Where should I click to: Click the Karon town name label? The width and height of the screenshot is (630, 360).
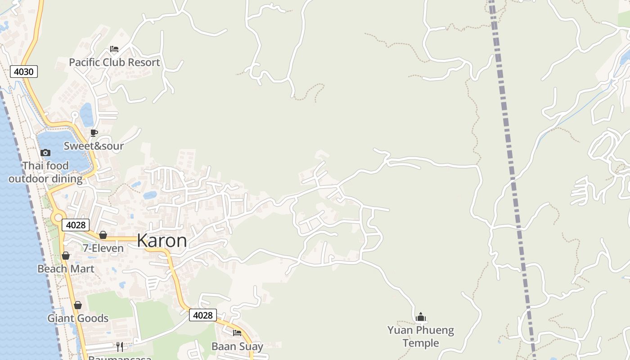pyautogui.click(x=162, y=241)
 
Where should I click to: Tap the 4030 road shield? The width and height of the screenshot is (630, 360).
pyautogui.click(x=24, y=72)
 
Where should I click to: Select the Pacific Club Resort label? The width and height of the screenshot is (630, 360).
pyautogui.click(x=114, y=62)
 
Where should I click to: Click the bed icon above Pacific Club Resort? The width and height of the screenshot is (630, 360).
pyautogui.click(x=114, y=49)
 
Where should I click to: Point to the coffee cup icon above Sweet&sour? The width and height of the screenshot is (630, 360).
pyautogui.click(x=94, y=133)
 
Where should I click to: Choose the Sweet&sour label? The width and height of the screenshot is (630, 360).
pyautogui.click(x=94, y=146)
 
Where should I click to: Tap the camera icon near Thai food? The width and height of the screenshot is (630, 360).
pyautogui.click(x=45, y=153)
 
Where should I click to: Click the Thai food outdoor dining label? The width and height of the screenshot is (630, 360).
pyautogui.click(x=45, y=172)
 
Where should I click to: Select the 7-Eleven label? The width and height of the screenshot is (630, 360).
pyautogui.click(x=103, y=248)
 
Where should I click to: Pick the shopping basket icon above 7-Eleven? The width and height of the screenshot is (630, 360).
pyautogui.click(x=103, y=235)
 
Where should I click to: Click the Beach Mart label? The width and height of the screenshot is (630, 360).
pyautogui.click(x=66, y=269)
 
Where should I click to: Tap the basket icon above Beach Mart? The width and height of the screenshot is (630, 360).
pyautogui.click(x=66, y=256)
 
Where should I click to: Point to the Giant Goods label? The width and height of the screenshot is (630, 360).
pyautogui.click(x=78, y=318)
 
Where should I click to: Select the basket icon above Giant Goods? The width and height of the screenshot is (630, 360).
pyautogui.click(x=78, y=305)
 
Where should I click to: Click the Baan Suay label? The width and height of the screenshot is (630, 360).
pyautogui.click(x=237, y=346)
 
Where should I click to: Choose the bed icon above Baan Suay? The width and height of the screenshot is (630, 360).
pyautogui.click(x=237, y=333)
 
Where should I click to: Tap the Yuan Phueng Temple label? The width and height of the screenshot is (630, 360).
pyautogui.click(x=421, y=337)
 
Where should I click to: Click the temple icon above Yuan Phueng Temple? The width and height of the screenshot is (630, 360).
pyautogui.click(x=421, y=317)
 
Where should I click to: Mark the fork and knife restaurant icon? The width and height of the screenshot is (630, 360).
pyautogui.click(x=119, y=346)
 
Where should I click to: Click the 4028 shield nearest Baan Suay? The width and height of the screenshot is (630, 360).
pyautogui.click(x=202, y=315)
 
